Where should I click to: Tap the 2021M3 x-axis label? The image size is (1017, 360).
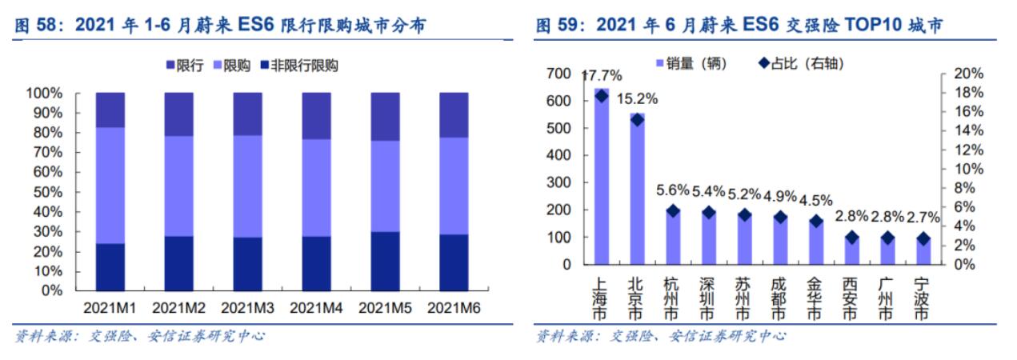click(247, 307)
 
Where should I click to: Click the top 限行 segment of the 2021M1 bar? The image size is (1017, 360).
click(110, 110)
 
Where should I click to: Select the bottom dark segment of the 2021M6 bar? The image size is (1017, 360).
click(454, 262)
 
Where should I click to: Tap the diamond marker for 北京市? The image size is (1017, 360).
click(637, 119)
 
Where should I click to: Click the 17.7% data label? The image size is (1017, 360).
click(601, 76)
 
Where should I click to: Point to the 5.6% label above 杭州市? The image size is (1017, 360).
click(672, 191)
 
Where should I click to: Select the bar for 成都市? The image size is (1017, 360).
click(779, 240)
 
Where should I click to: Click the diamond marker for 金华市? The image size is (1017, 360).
click(815, 222)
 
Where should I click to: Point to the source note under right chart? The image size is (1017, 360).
click(660, 336)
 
